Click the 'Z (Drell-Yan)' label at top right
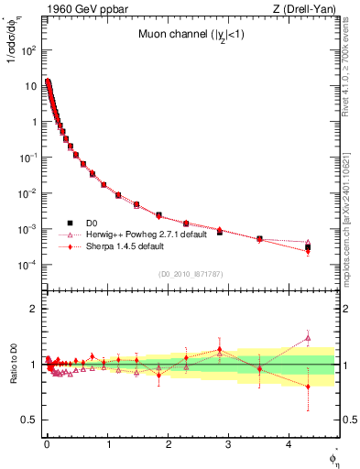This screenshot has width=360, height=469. coord(307,7)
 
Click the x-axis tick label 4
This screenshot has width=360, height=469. coord(289,444)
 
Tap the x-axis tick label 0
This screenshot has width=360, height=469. coord(46,444)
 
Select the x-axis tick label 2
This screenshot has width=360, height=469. coord(168,444)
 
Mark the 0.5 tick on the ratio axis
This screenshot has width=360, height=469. coord(28,420)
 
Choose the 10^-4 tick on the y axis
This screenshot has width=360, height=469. coord(27,265)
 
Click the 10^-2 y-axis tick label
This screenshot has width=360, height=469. coord(27,193)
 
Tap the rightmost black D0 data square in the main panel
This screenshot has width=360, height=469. coord(308,247)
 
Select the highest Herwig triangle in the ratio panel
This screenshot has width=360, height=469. coord(308,337)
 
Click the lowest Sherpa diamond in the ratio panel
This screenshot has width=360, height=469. coord(308,387)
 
